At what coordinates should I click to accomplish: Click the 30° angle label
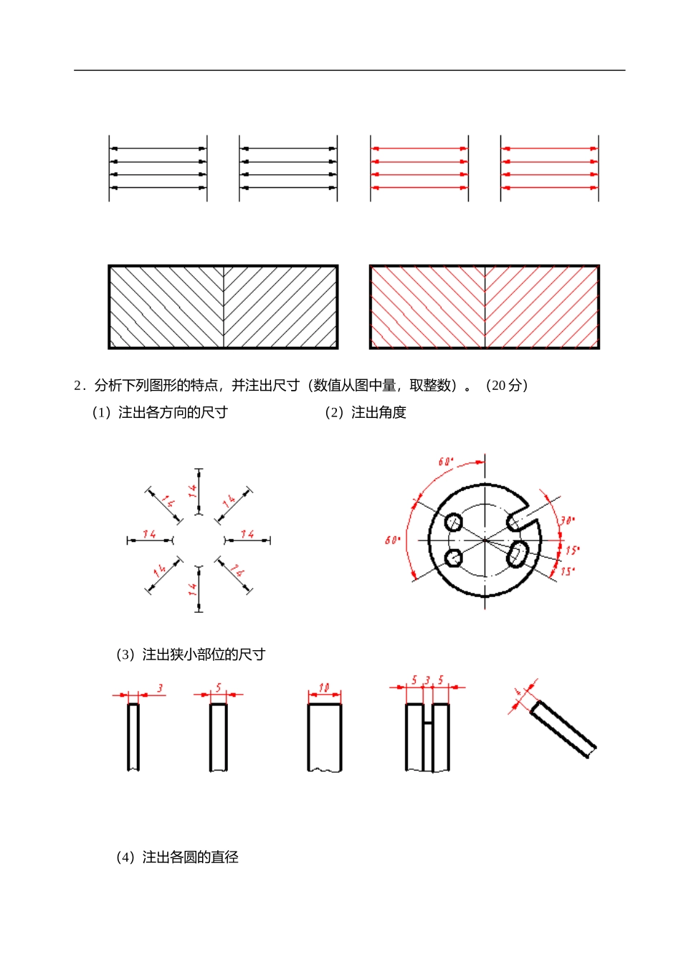(567, 520)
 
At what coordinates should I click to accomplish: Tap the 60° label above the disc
(446, 462)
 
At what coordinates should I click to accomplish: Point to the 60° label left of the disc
(392, 540)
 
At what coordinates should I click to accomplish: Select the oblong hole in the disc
(518, 554)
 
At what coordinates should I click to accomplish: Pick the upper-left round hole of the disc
(454, 522)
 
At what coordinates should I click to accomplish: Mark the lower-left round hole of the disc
(454, 557)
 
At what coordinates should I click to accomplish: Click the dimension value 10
(324, 688)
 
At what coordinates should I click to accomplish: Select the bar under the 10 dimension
(325, 737)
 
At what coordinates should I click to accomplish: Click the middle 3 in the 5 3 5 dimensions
(427, 680)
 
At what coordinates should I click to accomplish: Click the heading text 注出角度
(378, 413)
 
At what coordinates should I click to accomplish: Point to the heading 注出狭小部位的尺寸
(204, 654)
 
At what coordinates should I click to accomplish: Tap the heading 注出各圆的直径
(190, 857)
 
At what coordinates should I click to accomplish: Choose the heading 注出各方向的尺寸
(173, 413)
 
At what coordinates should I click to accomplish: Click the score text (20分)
(507, 386)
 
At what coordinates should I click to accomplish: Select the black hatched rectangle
(223, 307)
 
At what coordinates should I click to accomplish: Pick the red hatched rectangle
(484, 307)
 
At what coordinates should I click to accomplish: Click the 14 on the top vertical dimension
(193, 491)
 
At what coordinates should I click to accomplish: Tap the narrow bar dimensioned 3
(133, 737)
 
